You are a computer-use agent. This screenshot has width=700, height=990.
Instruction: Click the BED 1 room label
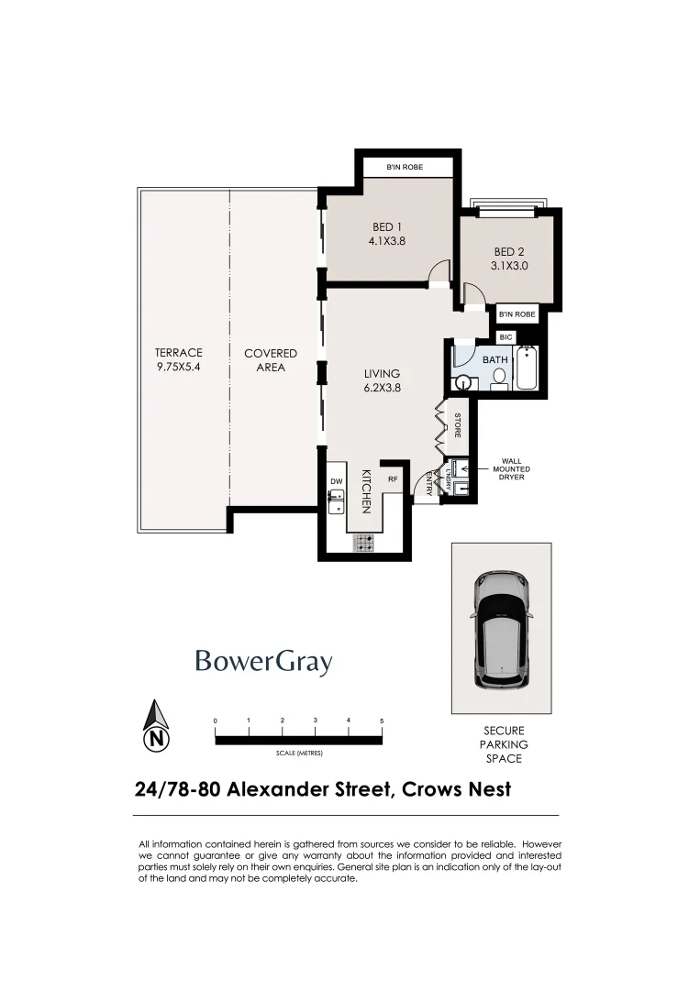tap(386, 227)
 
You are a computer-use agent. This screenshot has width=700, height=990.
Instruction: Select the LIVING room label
tap(382, 373)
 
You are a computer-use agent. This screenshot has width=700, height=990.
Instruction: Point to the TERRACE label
tap(179, 353)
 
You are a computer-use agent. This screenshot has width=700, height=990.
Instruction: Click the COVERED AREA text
tap(271, 360)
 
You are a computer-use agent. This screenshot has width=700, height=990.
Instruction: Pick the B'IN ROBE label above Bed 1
tap(405, 168)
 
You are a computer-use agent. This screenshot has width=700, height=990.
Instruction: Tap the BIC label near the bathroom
tap(506, 337)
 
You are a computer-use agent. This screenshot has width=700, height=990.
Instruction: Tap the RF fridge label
tap(392, 478)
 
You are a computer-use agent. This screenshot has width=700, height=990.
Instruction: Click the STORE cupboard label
tap(458, 425)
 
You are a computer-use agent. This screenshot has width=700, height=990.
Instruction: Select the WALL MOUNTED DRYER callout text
tap(512, 469)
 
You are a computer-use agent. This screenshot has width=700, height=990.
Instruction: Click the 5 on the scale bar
tap(382, 721)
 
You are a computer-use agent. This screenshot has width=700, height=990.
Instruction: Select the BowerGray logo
tap(263, 662)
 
